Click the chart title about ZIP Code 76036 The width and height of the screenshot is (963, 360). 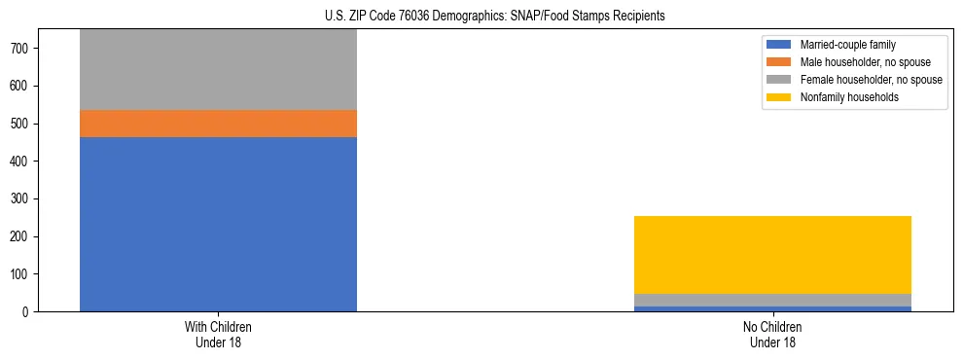[495, 17]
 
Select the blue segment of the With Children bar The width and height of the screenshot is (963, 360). [218, 224]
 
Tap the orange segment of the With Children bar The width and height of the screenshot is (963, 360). [218, 124]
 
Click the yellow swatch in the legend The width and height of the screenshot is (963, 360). [780, 97]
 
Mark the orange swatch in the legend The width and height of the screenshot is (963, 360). [780, 62]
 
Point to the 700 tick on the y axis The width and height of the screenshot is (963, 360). [24, 48]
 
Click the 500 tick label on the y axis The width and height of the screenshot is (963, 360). [24, 124]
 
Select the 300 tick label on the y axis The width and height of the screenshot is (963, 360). [24, 198]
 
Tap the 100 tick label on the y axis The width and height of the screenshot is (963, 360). [24, 274]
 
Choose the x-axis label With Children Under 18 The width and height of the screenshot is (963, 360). [218, 334]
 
